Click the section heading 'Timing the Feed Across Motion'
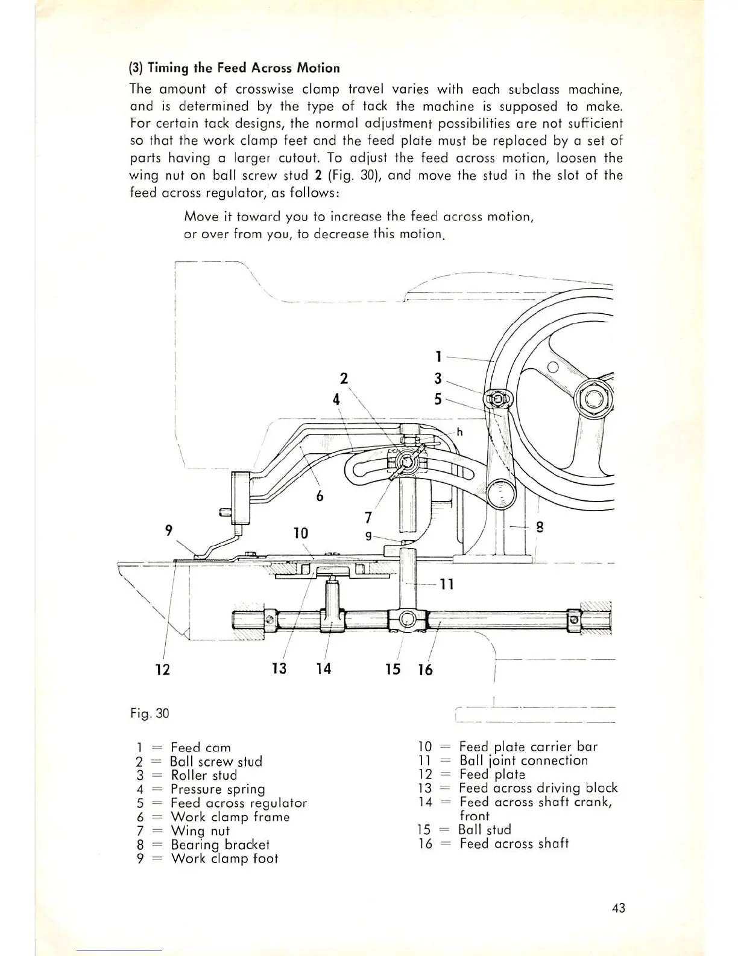pos(244,68)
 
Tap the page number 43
pos(618,907)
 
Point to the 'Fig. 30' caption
pos(150,713)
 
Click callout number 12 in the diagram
pos(163,669)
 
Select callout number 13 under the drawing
pos(279,669)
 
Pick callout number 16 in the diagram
pos(425,670)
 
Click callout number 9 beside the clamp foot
pos(169,530)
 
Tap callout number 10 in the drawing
pos(300,534)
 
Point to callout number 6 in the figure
pos(320,496)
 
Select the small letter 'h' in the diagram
pos(459,432)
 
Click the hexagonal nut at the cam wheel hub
pos(593,399)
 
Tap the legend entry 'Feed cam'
pos(200,748)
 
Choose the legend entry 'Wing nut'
pos(200,830)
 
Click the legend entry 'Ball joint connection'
pos(523,760)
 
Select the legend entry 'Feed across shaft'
pos(514,844)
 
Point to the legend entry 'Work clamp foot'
pos(224,858)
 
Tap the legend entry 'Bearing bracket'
pos(219,844)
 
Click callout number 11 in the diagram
pos(446,584)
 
